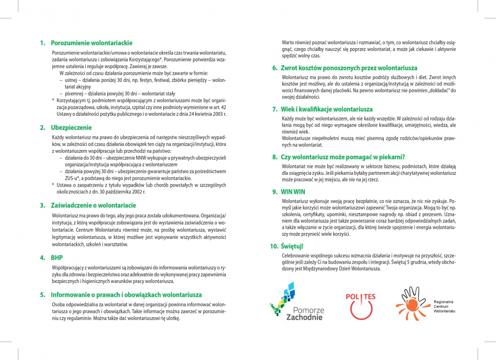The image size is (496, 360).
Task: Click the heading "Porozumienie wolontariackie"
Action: (x=92, y=43)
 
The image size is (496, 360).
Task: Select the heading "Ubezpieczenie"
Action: (x=71, y=128)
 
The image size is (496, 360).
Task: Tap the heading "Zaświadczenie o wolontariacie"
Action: (x=93, y=205)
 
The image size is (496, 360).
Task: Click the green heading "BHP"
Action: (x=57, y=258)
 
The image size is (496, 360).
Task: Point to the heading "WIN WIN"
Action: (x=293, y=191)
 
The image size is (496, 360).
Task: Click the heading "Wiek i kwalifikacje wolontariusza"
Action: (x=327, y=109)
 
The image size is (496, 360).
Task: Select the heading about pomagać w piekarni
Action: (x=343, y=157)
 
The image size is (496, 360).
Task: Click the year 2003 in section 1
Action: (x=219, y=114)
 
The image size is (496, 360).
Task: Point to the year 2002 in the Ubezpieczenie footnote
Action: (x=139, y=192)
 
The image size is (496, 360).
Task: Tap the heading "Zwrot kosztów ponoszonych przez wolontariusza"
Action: (x=349, y=68)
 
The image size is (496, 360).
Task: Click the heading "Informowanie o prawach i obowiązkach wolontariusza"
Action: (x=126, y=295)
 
